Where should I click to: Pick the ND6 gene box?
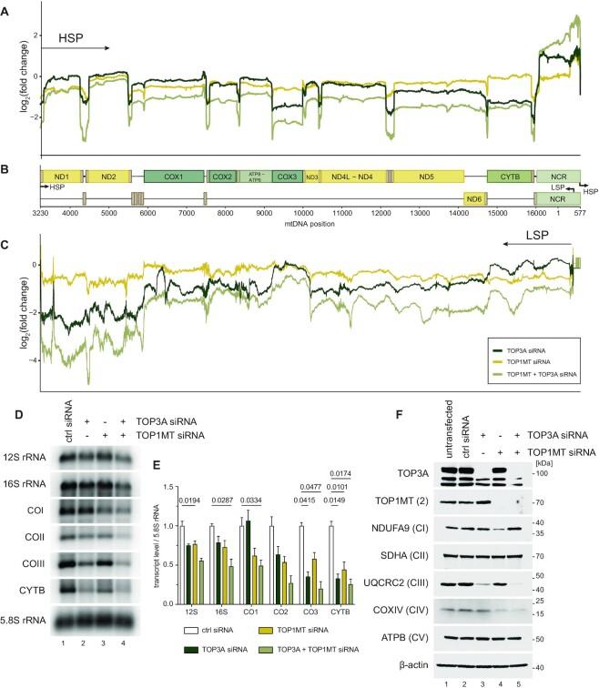pyautogui.click(x=472, y=198)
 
